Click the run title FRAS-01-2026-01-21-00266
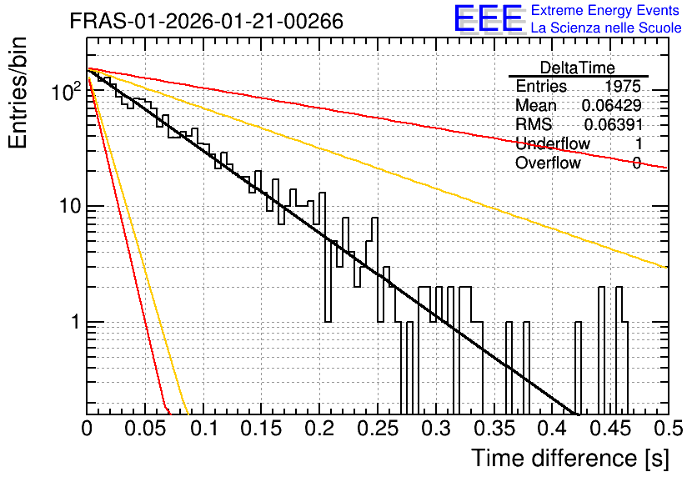point(207,21)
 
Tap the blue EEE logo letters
point(489,18)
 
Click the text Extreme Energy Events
point(605,10)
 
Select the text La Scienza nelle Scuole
point(606,28)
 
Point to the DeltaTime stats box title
point(578,68)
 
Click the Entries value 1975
point(622,86)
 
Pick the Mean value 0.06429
point(612,105)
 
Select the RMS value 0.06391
point(614,124)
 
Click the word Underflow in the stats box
point(553,143)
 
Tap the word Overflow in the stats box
point(548,163)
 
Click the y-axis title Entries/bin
point(18,93)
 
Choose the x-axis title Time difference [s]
point(570,458)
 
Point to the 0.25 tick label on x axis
point(378,429)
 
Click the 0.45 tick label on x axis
point(610,429)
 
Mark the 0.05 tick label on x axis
point(145,429)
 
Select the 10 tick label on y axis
point(70,206)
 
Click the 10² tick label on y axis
point(66,91)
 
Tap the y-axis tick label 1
point(76,322)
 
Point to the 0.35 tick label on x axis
point(494,429)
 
